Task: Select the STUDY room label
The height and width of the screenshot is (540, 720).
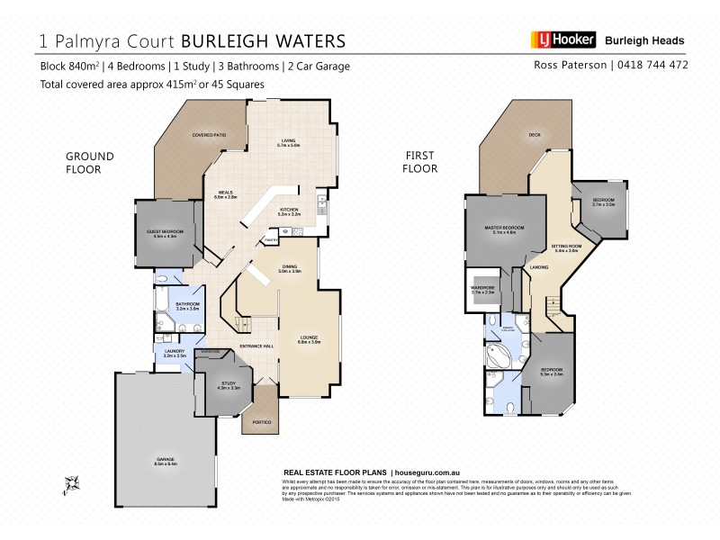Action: (229, 386)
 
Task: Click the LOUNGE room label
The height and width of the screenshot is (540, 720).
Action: (310, 339)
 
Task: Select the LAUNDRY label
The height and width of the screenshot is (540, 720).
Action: (175, 354)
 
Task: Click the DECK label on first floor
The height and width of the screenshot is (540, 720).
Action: (534, 135)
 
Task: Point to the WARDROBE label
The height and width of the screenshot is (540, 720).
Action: (483, 290)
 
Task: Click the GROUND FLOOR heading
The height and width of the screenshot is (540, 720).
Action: (89, 162)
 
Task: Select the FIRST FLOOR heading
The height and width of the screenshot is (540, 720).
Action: (421, 162)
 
